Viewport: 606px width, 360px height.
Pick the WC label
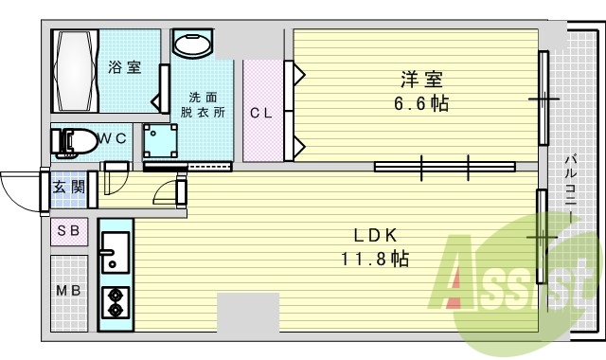click(113, 138)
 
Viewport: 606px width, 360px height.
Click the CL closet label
click(261, 113)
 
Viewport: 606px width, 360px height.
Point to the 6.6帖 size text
click(422, 103)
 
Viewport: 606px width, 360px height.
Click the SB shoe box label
click(69, 230)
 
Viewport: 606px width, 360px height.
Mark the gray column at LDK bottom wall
click(248, 313)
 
